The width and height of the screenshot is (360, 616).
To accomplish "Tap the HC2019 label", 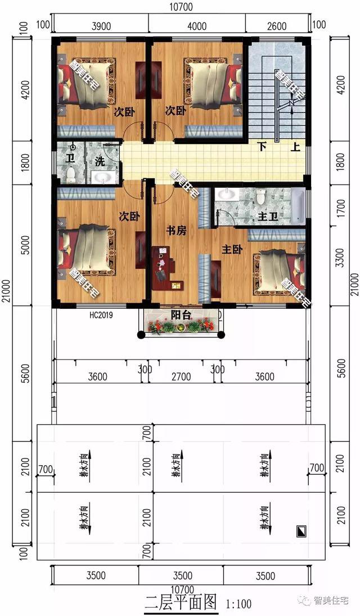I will point(101,315).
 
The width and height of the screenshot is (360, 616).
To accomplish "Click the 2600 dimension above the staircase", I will point(277,26).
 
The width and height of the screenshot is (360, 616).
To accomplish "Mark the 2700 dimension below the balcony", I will point(181,377).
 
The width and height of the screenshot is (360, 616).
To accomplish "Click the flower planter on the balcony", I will point(179,326).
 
